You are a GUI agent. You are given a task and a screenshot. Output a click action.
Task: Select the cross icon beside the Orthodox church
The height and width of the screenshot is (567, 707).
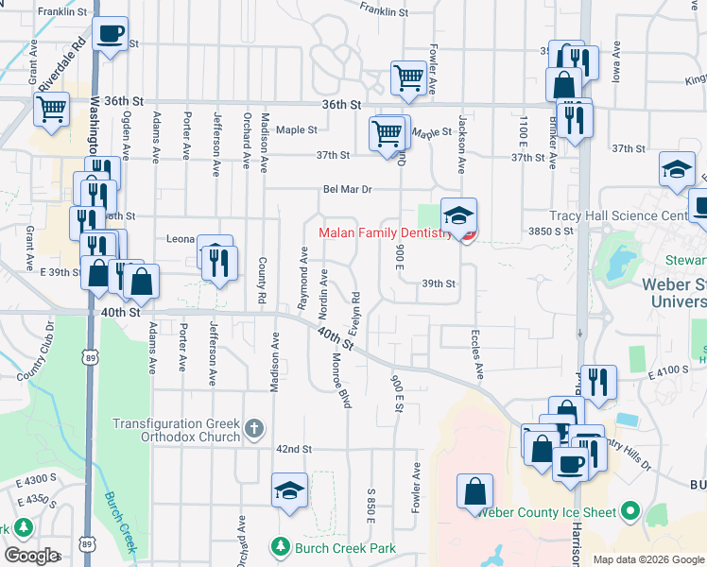pos(253,430)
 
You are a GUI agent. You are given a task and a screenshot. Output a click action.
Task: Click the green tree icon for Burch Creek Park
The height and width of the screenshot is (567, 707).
pos(279,547)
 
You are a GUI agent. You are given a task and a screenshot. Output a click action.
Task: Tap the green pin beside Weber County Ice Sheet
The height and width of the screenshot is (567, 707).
pos(630,513)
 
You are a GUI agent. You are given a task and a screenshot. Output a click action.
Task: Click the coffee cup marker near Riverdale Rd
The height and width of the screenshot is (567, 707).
pos(111,34)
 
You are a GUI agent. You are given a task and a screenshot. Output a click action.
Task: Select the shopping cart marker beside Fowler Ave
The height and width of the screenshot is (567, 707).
pos(407,77)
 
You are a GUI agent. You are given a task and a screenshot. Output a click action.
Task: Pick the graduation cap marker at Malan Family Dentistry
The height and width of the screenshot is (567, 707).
pos(458,215)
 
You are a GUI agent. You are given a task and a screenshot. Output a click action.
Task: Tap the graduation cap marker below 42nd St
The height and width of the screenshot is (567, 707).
pos(289,490)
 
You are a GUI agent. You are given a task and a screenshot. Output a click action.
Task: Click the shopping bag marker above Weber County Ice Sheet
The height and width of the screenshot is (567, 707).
pos(474,490)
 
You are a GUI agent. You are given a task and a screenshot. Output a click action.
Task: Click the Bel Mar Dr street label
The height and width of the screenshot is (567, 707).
pos(347,189)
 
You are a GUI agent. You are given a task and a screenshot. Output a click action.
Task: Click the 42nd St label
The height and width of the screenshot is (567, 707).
pos(294,449)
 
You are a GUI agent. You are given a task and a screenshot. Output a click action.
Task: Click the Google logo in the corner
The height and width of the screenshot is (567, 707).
pos(32,556)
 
